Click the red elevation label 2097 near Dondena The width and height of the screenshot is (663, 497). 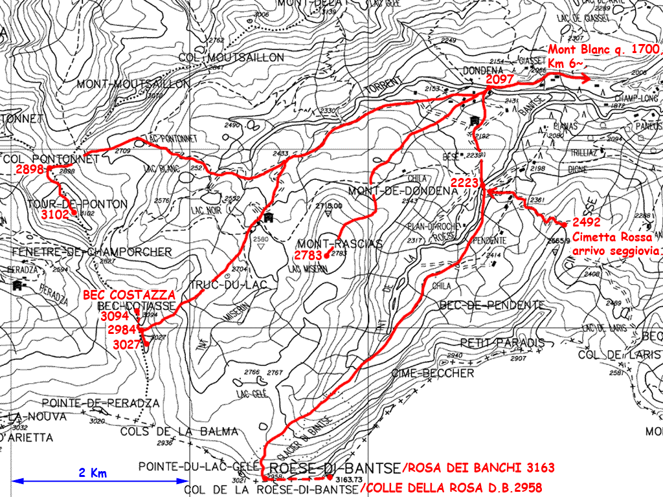click(499, 79)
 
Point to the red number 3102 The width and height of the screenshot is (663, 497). click(56, 214)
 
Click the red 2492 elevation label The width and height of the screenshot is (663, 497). click(586, 221)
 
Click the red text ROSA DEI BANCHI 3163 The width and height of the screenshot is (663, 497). click(478, 467)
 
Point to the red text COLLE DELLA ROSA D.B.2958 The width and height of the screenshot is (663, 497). click(451, 487)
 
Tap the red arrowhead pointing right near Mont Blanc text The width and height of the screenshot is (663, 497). click(585, 79)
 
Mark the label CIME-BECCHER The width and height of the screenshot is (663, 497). click(433, 373)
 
